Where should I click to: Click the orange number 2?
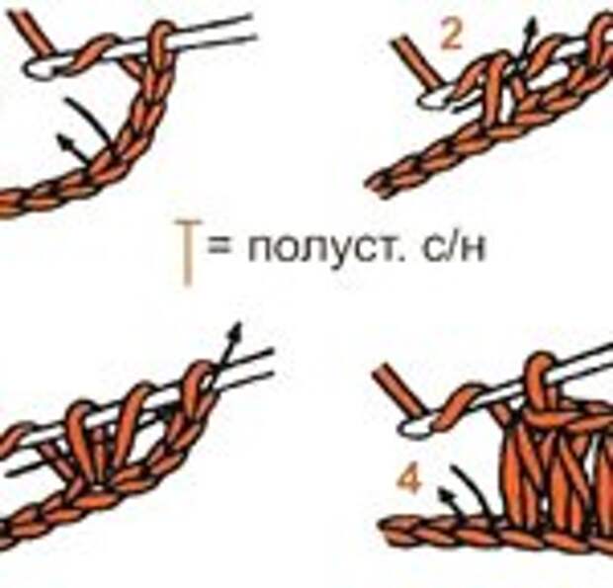click(x=451, y=35)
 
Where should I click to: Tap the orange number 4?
click(x=409, y=480)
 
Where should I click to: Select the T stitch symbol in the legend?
click(x=188, y=252)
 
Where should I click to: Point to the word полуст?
click(x=326, y=250)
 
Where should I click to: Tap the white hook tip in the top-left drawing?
click(x=38, y=69)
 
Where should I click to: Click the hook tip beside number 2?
click(x=431, y=99)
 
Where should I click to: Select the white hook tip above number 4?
click(x=411, y=427)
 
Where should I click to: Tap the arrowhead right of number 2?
click(x=531, y=24)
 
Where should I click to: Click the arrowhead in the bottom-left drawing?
click(x=235, y=330)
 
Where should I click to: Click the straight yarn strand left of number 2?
click(x=418, y=59)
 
